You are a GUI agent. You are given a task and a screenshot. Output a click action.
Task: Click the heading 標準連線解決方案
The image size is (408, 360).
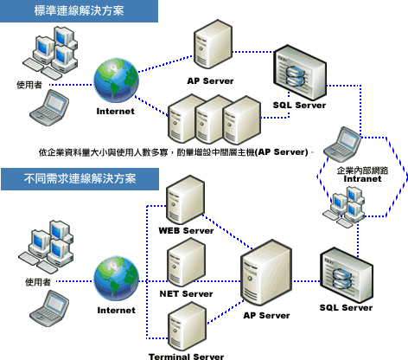[78, 12]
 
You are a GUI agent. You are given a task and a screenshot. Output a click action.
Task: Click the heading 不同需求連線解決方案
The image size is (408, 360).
[78, 179]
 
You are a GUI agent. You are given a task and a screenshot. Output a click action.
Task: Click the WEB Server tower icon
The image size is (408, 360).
[184, 201]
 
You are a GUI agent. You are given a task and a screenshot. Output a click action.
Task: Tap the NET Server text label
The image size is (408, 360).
[185, 294]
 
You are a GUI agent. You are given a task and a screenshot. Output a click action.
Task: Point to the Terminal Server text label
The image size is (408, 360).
[186, 356]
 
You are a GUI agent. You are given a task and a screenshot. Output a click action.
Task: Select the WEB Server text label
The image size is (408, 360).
[185, 231]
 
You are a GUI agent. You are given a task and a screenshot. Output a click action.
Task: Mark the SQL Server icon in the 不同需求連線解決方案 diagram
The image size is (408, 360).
[345, 273]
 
